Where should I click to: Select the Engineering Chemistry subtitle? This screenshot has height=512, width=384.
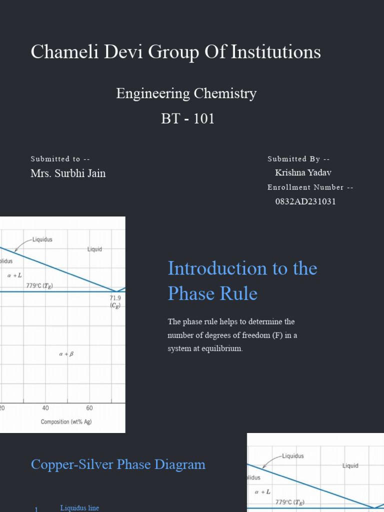(x=186, y=93)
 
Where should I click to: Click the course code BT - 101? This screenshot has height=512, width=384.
(x=187, y=118)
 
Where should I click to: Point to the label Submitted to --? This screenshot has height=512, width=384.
(x=60, y=159)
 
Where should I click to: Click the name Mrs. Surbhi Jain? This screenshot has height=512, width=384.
(x=68, y=173)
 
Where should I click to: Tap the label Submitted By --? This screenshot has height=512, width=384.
(x=298, y=159)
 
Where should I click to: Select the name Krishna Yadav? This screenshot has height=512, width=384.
(x=303, y=172)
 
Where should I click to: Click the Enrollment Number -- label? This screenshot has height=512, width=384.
(x=310, y=187)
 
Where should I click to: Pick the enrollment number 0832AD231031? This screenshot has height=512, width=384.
(x=305, y=201)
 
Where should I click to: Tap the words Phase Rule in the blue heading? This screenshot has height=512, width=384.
(x=212, y=293)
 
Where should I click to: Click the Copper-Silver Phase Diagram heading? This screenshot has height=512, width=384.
(x=118, y=464)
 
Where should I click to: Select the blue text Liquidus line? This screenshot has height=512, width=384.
(x=79, y=508)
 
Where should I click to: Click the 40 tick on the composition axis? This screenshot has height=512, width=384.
(x=45, y=408)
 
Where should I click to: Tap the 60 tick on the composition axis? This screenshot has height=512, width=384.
(x=89, y=408)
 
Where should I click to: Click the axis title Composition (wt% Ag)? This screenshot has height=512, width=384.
(x=66, y=421)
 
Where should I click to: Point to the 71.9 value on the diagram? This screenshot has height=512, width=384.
(x=115, y=298)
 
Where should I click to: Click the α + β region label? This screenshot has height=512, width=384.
(x=66, y=354)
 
